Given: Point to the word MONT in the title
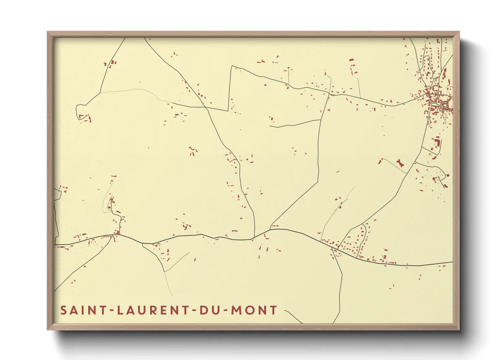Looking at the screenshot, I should coord(254,310).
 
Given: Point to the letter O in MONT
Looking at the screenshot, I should coord(249,310).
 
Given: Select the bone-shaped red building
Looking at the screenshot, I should coord(400,163).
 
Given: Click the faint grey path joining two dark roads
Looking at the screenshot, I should coord(136,91).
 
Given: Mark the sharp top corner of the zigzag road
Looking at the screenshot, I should coord(232,66).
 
